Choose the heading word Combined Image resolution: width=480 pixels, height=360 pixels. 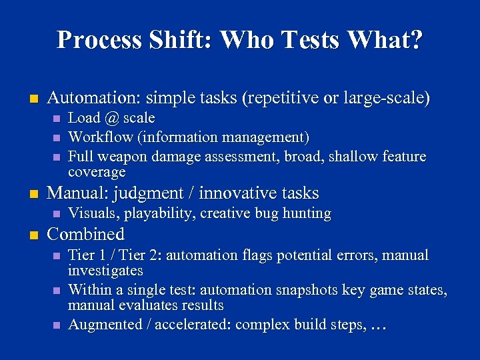click(86, 235)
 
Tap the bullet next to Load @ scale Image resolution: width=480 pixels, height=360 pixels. click(57, 119)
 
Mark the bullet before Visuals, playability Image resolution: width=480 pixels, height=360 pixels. click(57, 214)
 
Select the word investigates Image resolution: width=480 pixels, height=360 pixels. click(105, 271)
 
